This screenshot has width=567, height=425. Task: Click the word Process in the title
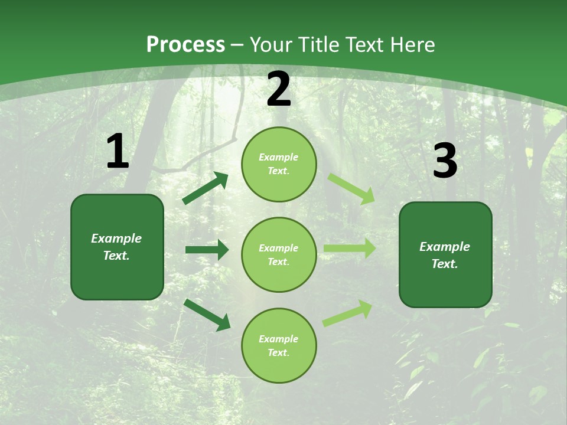(x=185, y=45)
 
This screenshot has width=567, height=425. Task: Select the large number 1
(x=117, y=152)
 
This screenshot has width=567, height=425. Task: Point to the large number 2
(x=279, y=90)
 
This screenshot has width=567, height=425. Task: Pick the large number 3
(x=445, y=161)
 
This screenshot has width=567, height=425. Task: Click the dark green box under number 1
(x=117, y=247)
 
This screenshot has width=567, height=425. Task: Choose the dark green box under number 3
(x=445, y=255)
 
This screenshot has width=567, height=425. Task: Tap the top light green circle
(x=279, y=164)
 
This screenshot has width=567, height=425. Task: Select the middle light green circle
(x=279, y=255)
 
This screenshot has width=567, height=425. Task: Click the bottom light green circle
(x=279, y=346)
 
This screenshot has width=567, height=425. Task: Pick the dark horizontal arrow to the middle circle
(x=207, y=250)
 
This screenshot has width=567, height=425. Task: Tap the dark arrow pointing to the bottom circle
(x=207, y=315)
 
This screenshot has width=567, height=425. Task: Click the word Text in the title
(x=365, y=45)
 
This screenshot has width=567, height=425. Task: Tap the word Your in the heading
(x=271, y=45)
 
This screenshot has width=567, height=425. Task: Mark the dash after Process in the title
(x=237, y=45)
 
